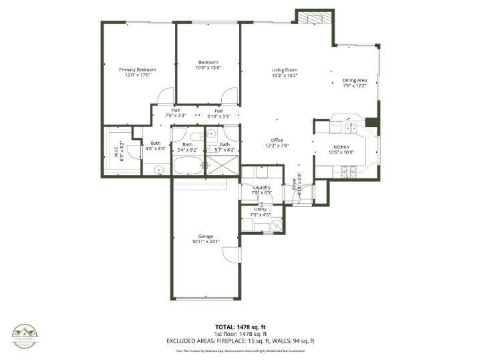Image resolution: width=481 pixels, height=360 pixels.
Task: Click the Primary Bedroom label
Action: [138, 69]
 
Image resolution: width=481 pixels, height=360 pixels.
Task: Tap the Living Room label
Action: [284, 69]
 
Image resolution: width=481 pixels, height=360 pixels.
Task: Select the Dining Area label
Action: [355, 80]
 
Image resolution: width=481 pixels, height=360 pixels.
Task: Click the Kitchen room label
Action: [341, 147]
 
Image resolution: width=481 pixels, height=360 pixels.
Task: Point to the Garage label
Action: [205, 236]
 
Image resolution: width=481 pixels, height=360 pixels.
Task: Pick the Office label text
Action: [277, 140]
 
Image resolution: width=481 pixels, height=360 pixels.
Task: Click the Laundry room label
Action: [261, 188]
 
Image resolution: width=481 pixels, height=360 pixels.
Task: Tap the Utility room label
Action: [261, 210]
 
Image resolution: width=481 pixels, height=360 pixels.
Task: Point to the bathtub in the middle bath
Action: [190, 165]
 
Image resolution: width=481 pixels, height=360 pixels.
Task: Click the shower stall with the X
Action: [221, 165]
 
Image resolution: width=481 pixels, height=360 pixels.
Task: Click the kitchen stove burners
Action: [348, 172]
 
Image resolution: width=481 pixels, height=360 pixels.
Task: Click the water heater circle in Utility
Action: [277, 226]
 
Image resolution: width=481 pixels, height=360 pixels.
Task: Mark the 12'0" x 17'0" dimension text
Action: [138, 75]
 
